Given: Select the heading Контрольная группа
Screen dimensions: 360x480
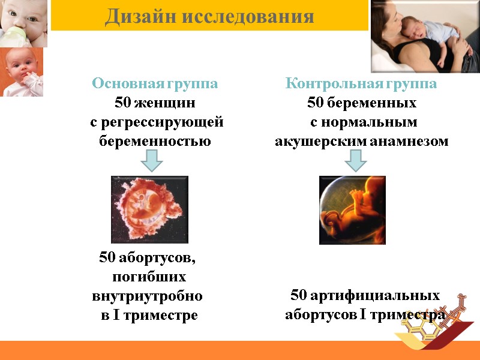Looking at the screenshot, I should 361,83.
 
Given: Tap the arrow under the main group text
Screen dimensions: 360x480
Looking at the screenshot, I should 152,160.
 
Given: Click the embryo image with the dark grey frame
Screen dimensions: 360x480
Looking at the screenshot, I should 150,209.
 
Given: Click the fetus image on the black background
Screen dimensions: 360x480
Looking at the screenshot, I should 352,210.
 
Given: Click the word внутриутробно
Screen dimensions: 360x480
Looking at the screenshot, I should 148,296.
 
